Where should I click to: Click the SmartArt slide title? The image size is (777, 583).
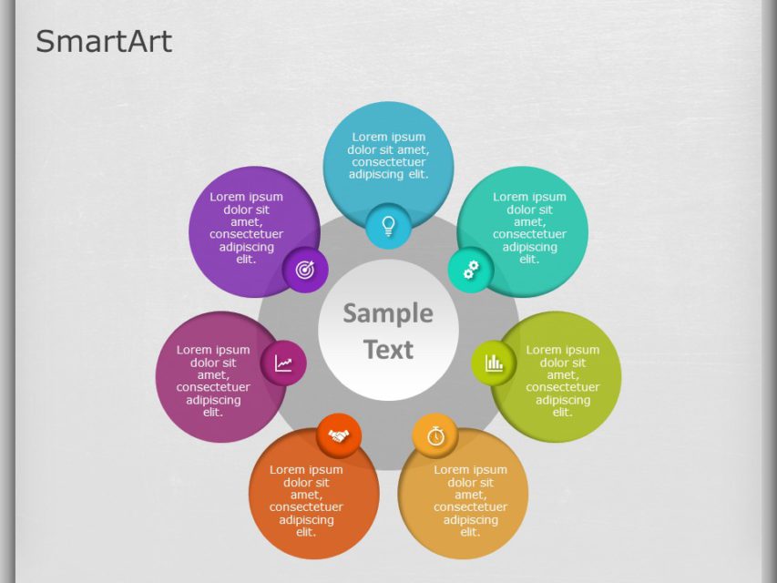click(104, 41)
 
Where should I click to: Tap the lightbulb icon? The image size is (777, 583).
click(388, 225)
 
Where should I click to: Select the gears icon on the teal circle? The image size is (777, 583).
click(471, 270)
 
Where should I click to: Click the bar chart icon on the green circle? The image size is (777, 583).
click(494, 363)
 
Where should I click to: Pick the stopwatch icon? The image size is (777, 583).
click(435, 435)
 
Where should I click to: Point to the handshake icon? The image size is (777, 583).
click(339, 435)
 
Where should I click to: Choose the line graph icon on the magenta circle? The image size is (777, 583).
click(284, 363)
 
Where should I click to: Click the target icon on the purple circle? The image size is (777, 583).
click(305, 270)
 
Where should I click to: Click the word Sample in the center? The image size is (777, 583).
click(388, 313)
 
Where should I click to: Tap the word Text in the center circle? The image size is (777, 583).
click(388, 350)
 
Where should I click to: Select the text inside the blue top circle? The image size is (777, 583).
click(388, 156)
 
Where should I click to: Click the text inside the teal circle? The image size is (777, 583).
click(529, 228)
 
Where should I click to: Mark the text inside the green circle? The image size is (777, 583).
click(562, 381)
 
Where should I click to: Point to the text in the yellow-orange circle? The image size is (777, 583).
click(470, 501)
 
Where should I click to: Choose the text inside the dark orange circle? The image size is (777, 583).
click(306, 501)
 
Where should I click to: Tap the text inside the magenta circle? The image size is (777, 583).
click(213, 381)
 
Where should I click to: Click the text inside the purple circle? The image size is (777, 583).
click(246, 228)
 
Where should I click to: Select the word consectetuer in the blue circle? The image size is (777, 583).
click(388, 162)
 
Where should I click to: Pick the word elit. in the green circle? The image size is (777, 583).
click(562, 412)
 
